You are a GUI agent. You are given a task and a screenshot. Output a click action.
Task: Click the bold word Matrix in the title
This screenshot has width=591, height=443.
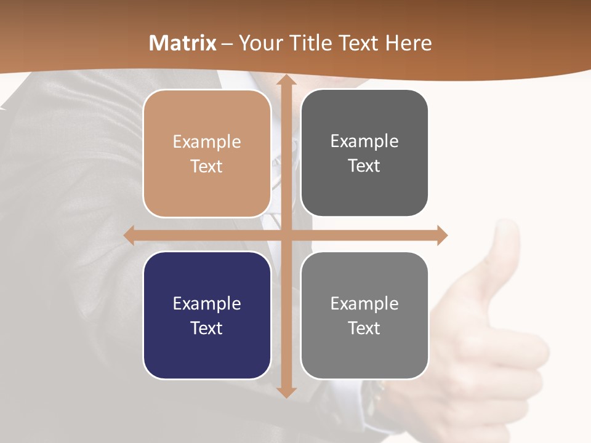[x=183, y=43]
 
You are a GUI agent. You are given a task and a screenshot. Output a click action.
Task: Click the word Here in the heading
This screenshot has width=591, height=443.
[x=409, y=43]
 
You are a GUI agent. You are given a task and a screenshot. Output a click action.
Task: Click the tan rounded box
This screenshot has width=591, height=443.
[x=207, y=153]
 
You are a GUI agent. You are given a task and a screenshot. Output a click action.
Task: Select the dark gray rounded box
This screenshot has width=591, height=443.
[x=364, y=153]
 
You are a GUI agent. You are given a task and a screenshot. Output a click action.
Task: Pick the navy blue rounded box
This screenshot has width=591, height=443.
[x=207, y=315]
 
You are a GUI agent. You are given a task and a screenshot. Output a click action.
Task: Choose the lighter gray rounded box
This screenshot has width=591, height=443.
[x=364, y=315]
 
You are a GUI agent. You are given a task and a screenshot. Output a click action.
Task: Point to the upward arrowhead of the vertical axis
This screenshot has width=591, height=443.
[x=286, y=81]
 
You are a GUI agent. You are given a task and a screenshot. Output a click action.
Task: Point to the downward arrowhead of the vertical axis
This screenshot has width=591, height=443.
[x=286, y=391]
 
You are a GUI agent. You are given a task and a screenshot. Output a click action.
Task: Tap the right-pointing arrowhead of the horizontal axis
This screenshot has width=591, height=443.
[x=441, y=235]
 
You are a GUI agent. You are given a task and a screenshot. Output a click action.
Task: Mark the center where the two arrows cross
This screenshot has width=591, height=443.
[x=286, y=235]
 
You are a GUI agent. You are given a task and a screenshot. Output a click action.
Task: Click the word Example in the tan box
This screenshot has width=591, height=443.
[x=207, y=142]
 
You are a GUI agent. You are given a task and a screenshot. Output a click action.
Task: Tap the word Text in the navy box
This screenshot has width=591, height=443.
[x=207, y=328]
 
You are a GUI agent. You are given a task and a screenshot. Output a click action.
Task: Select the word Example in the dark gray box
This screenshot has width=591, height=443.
[x=364, y=141]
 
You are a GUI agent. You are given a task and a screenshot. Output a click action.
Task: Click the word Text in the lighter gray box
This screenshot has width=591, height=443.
[x=364, y=328]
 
